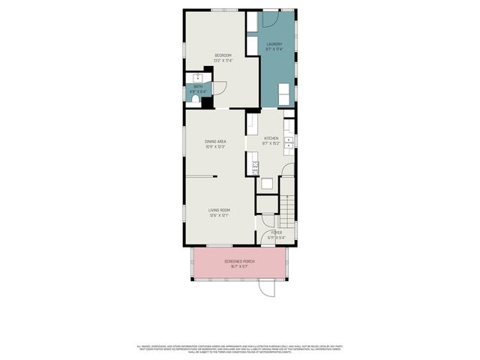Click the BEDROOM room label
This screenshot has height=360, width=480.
pyautogui.click(x=223, y=55)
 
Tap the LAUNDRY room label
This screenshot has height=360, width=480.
pyautogui.click(x=274, y=44)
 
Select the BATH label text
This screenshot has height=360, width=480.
pyautogui.click(x=198, y=86)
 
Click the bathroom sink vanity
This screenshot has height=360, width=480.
pyautogui.click(x=199, y=76)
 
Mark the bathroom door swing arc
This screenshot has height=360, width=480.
pyautogui.click(x=220, y=87)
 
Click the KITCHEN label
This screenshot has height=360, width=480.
pyautogui.click(x=271, y=138)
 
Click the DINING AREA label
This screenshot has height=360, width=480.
pyautogui.click(x=216, y=141)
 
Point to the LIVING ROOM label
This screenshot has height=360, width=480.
pyautogui.click(x=219, y=209)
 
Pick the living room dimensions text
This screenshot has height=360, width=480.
pyautogui.click(x=219, y=215)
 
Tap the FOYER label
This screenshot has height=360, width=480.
pyautogui.click(x=266, y=233)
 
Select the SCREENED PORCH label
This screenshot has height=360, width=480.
pyautogui.click(x=240, y=261)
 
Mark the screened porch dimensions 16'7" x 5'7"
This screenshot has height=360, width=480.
pyautogui.click(x=240, y=266)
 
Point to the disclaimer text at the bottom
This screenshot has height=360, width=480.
pyautogui.click(x=240, y=348)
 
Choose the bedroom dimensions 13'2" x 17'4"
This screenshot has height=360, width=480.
pyautogui.click(x=223, y=61)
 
